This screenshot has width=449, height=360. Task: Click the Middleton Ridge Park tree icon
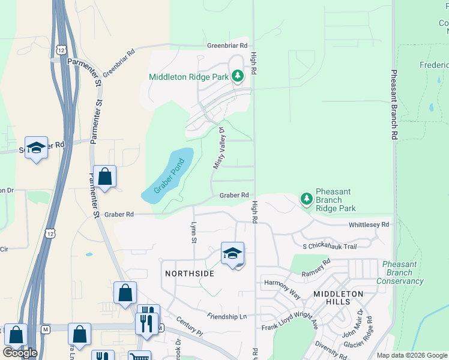point(238,76)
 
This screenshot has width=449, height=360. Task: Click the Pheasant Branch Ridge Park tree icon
point(306,199)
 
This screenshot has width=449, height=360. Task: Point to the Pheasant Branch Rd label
point(394,105)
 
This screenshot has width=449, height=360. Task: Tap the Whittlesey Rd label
point(369,224)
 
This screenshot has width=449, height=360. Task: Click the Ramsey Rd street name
point(317,266)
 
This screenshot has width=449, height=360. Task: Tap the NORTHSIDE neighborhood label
point(189,274)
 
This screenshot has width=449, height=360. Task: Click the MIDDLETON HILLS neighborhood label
point(338,298)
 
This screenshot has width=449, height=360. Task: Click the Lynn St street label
point(194,231)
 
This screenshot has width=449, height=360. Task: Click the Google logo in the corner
point(20,353)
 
